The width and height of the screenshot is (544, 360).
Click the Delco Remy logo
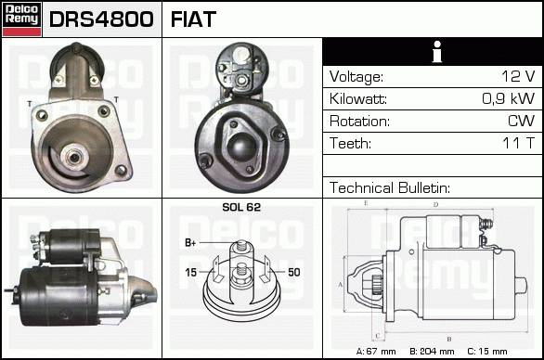coord(21,19)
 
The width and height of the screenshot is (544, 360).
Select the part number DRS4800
coord(101,19)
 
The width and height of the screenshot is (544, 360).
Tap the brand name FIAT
coord(193,19)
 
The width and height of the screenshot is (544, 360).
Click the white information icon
coord(437,52)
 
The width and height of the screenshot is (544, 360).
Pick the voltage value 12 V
coord(518,76)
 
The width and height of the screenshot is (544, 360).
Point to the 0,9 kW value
coord(509,98)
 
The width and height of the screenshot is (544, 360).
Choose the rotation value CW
coord(521,121)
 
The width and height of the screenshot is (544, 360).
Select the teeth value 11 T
coord(519,143)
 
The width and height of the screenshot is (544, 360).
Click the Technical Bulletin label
coord(390,187)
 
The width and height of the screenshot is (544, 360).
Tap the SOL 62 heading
coord(241,207)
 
